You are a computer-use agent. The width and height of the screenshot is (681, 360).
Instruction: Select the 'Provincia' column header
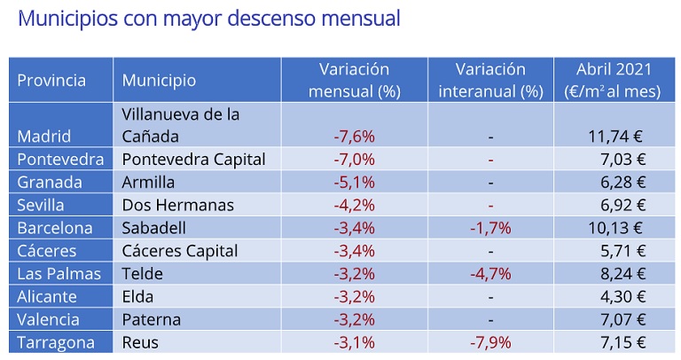[x=51, y=81]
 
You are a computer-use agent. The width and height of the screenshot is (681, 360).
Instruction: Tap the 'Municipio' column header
[x=159, y=81]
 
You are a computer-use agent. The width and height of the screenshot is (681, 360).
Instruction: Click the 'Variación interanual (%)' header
[x=489, y=80]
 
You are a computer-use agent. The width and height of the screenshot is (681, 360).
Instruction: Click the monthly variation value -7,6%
[x=354, y=137]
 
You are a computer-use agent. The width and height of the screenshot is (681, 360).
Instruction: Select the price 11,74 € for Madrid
[x=614, y=137]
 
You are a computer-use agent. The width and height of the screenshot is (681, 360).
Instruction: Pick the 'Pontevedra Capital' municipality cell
[x=194, y=160]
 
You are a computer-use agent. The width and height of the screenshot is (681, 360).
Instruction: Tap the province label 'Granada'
[x=50, y=183]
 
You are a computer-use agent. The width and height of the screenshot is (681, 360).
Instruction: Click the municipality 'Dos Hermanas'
[x=178, y=205]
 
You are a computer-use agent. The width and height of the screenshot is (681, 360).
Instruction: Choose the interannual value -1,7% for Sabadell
[x=489, y=228]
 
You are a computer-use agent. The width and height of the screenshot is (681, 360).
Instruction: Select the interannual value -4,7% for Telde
[x=489, y=274]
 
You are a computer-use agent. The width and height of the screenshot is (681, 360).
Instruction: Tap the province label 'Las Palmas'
[x=59, y=274]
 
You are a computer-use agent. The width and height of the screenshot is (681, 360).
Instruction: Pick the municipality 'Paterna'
[x=152, y=319]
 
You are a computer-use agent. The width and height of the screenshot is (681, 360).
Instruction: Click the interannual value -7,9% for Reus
[x=489, y=342]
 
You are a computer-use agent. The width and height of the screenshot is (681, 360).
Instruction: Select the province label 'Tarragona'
[x=57, y=342]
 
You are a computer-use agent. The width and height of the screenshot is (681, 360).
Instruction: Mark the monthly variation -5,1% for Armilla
[x=354, y=183]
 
